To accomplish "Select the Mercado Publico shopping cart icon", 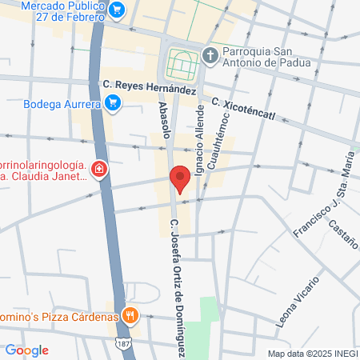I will pyautogui.click(x=118, y=10).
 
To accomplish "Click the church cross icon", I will pyautogui.click(x=210, y=55).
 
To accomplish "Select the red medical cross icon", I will pyautogui.click(x=98, y=170).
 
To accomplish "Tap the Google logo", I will pyautogui.click(x=26, y=350).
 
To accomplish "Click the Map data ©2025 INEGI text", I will pyautogui.click(x=311, y=354).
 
